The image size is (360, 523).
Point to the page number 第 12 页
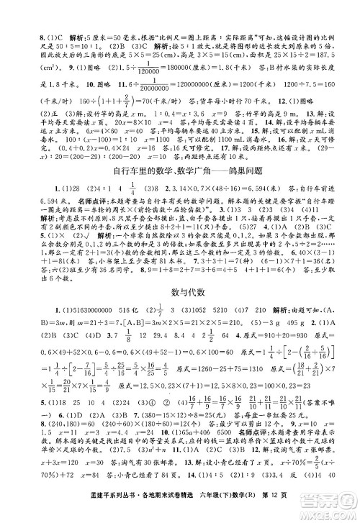[316, 509]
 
